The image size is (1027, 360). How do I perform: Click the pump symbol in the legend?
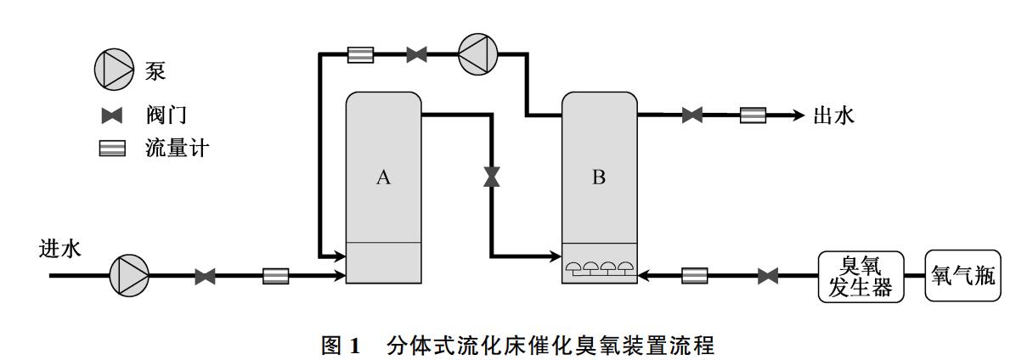(x=114, y=69)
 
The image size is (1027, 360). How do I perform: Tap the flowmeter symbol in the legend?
(x=113, y=149)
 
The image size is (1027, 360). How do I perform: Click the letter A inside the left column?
(x=383, y=177)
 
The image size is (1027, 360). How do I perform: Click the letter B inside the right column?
(x=599, y=177)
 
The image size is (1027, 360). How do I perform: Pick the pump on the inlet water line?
(x=129, y=276)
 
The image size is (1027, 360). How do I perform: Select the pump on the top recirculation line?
(x=478, y=55)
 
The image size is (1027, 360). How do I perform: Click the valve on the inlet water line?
(x=205, y=276)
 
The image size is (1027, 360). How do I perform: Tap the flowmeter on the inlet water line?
(x=275, y=276)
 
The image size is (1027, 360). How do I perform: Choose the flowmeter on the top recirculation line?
(x=360, y=55)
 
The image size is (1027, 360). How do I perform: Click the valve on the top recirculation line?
(x=416, y=55)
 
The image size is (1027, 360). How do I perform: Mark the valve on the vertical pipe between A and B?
(x=492, y=177)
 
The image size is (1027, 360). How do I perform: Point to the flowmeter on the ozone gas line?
(x=695, y=275)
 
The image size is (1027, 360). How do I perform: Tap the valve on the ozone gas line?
(x=768, y=275)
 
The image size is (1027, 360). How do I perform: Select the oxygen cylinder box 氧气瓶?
(x=963, y=276)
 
